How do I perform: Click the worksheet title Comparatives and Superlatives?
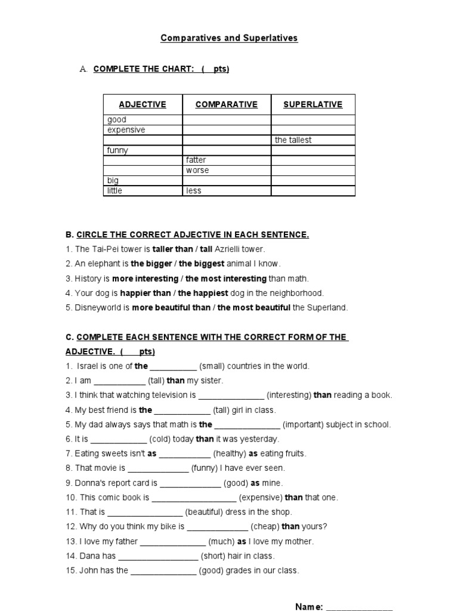point(229,38)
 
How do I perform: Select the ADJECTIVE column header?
point(143,104)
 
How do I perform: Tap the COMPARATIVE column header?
point(227,104)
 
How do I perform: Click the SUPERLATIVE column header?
point(313,104)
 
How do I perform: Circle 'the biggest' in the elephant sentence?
point(202,264)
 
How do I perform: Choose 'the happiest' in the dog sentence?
point(203,293)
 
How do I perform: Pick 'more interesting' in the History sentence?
point(146,279)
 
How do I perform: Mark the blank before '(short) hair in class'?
point(158,557)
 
